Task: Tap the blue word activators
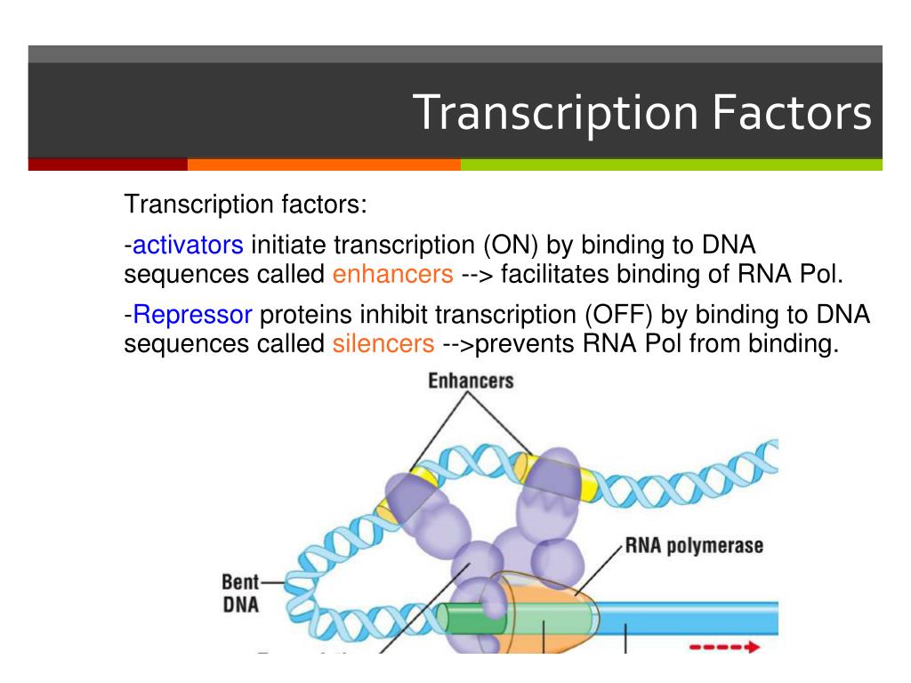pos(188,245)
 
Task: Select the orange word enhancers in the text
pos(393,274)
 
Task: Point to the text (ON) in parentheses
pos(512,245)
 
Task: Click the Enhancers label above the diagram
pos(471,382)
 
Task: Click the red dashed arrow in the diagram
pos(723,647)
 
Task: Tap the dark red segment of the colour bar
pos(108,165)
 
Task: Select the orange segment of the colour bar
pos(324,165)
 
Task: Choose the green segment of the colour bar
pos(671,165)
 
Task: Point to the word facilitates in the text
pos(553,274)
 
